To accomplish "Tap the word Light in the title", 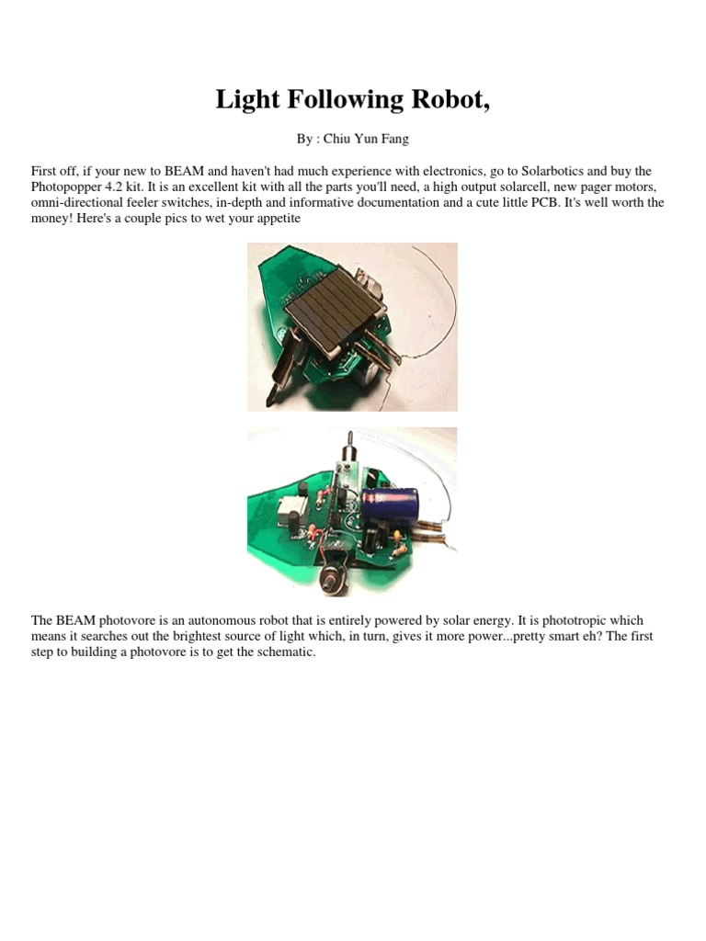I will [247, 100].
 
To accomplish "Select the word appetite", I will [274, 218].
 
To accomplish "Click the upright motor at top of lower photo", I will [350, 460].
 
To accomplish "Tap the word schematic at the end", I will [284, 652].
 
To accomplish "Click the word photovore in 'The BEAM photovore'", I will [124, 621].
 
